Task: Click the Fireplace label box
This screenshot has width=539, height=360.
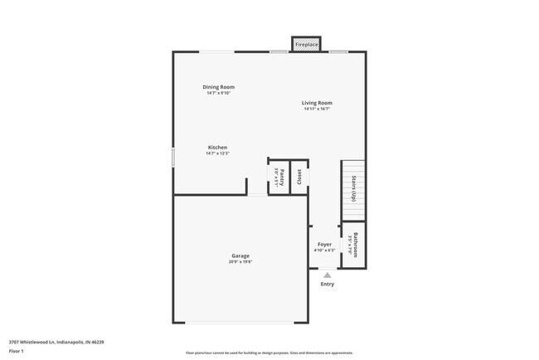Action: [307, 44]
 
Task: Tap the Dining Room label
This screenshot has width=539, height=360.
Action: [219, 87]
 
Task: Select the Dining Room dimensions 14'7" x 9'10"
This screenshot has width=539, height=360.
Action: [219, 93]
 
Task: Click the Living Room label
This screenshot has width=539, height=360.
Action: [317, 103]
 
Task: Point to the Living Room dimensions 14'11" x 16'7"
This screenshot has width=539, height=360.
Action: [317, 109]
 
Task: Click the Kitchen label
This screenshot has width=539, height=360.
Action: [217, 148]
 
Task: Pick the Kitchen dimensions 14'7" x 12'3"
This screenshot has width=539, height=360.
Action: [217, 153]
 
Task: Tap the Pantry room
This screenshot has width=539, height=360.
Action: [279, 177]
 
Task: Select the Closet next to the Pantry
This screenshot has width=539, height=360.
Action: [299, 177]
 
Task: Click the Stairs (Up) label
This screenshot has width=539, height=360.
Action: [354, 189]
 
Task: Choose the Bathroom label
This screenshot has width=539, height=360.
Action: [354, 245]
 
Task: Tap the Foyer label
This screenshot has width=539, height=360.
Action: [324, 245]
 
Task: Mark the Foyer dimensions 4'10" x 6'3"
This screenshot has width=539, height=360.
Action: [324, 251]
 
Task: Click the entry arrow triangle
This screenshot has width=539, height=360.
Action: [328, 275]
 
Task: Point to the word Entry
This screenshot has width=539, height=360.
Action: [328, 285]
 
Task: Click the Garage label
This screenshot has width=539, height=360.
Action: [240, 255]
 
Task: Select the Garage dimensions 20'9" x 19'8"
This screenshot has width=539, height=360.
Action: [240, 261]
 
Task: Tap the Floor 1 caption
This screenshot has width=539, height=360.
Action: [17, 351]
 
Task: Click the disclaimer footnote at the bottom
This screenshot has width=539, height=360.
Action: [269, 353]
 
